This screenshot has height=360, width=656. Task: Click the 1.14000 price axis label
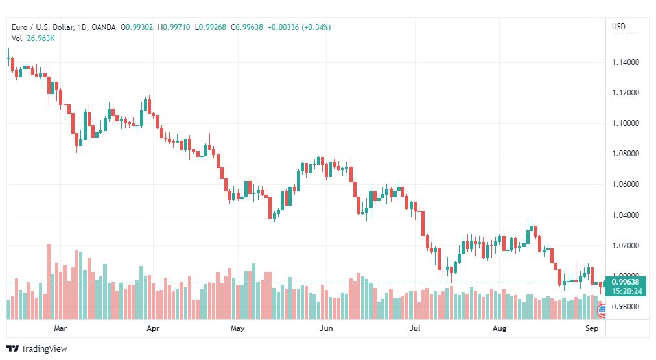(626, 62)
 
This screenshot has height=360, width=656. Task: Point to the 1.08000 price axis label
(626, 154)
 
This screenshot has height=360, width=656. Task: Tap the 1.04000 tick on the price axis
(626, 215)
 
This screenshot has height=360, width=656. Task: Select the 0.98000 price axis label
(626, 307)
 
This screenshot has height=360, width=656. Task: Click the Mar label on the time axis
(60, 328)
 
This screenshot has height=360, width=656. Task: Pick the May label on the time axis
(237, 328)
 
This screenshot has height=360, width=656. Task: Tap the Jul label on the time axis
(415, 328)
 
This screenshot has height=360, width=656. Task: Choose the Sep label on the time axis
(592, 328)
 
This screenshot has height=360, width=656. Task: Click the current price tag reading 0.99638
(626, 282)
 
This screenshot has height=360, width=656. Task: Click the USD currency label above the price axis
(619, 27)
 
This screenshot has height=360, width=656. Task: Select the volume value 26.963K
(41, 38)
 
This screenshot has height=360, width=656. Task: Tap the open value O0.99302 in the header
(137, 27)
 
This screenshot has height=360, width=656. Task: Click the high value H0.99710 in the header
(174, 27)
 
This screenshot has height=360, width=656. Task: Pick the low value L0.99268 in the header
(211, 27)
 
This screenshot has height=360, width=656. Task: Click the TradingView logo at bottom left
(37, 348)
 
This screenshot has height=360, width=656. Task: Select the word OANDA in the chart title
(103, 27)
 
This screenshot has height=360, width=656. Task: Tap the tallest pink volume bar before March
(49, 282)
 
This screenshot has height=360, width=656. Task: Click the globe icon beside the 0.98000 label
(602, 310)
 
